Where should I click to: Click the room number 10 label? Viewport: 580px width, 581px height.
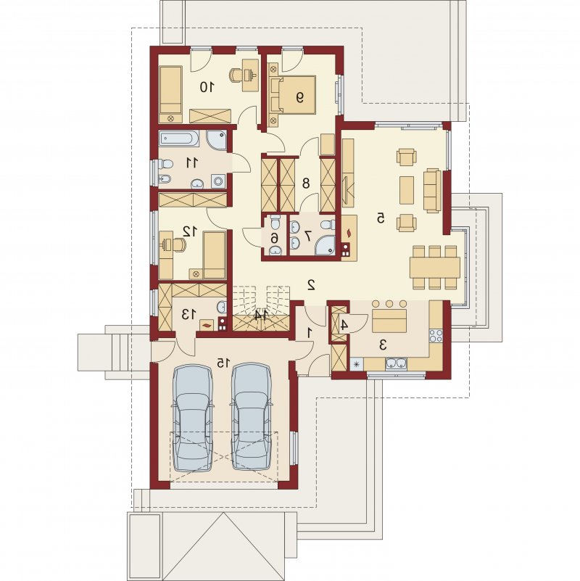pyautogui.click(x=207, y=88)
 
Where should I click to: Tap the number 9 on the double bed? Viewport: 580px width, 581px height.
pyautogui.click(x=299, y=97)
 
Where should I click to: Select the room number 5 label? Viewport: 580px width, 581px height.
pyautogui.click(x=381, y=218)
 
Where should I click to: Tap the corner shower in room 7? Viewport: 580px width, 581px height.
pyautogui.click(x=325, y=245)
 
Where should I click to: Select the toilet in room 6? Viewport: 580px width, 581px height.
pyautogui.click(x=275, y=223)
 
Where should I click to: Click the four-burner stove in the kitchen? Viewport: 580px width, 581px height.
pyautogui.click(x=436, y=335)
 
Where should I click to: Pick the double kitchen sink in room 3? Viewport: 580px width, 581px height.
pyautogui.click(x=397, y=364)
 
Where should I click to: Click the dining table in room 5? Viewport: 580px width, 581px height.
pyautogui.click(x=435, y=268)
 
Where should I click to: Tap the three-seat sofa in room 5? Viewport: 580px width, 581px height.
pyautogui.click(x=432, y=191)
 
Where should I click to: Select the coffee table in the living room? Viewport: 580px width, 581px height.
pyautogui.click(x=407, y=190)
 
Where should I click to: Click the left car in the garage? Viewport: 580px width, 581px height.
pyautogui.click(x=193, y=417)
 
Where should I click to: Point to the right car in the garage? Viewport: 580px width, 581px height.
pyautogui.click(x=251, y=417)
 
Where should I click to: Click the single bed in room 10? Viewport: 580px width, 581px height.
pyautogui.click(x=171, y=94)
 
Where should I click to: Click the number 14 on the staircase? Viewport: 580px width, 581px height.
pyautogui.click(x=261, y=316)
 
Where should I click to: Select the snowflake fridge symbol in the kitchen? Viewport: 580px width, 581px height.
pyautogui.click(x=357, y=364)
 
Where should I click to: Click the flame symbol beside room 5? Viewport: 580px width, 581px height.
pyautogui.click(x=349, y=232)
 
